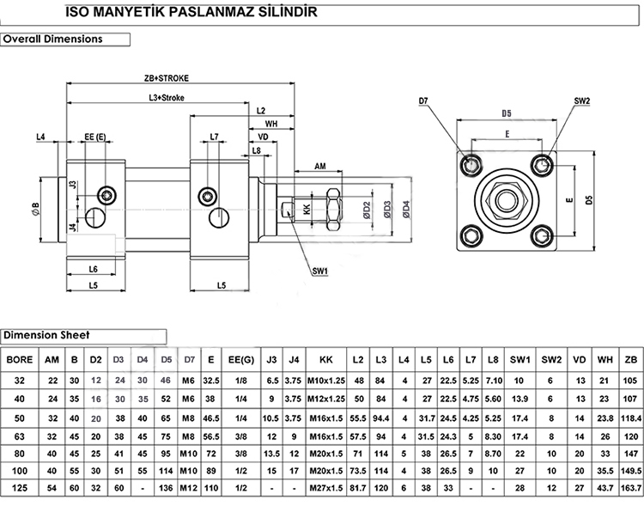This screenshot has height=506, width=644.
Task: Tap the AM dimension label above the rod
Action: tap(319, 165)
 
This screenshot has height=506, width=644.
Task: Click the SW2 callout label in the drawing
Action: tap(582, 101)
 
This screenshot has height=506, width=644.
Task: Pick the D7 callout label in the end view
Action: tap(424, 101)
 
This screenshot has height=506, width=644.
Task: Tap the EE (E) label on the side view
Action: tap(94, 137)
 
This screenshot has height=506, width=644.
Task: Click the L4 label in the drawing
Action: tap(41, 137)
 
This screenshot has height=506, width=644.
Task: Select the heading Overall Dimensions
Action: tap(53, 39)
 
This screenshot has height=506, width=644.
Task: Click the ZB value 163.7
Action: tap(631, 488)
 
